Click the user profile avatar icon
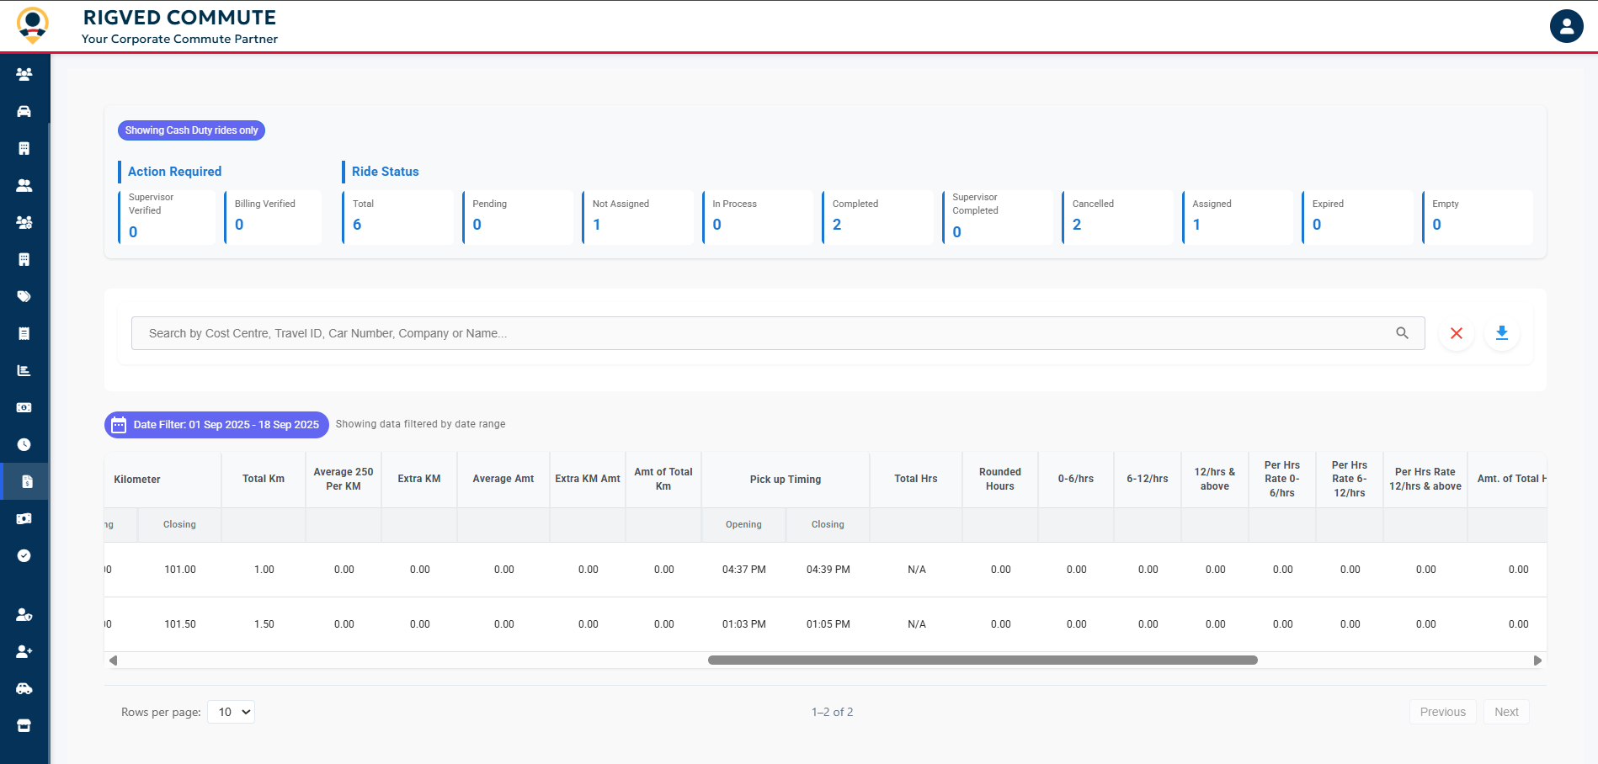pyautogui.click(x=1566, y=26)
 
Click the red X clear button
pyautogui.click(x=1456, y=333)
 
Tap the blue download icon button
pyautogui.click(x=1501, y=333)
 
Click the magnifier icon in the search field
pyautogui.click(x=1402, y=333)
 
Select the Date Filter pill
pyautogui.click(x=216, y=425)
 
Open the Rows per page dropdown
pyautogui.click(x=232, y=712)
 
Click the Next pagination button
pyautogui.click(x=1506, y=712)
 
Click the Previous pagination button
pyautogui.click(x=1442, y=712)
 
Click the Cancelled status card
pyautogui.click(x=1117, y=217)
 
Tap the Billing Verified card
pyautogui.click(x=273, y=217)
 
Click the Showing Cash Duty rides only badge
pyautogui.click(x=191, y=130)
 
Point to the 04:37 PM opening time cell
pyautogui.click(x=743, y=570)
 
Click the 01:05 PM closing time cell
pyautogui.click(x=828, y=624)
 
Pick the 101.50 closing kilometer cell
pyautogui.click(x=179, y=624)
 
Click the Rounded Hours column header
pyautogui.click(x=999, y=479)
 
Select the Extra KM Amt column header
pyautogui.click(x=587, y=479)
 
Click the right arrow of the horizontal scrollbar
pyautogui.click(x=1537, y=661)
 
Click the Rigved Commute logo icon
pyautogui.click(x=33, y=25)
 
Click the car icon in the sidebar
pyautogui.click(x=24, y=111)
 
